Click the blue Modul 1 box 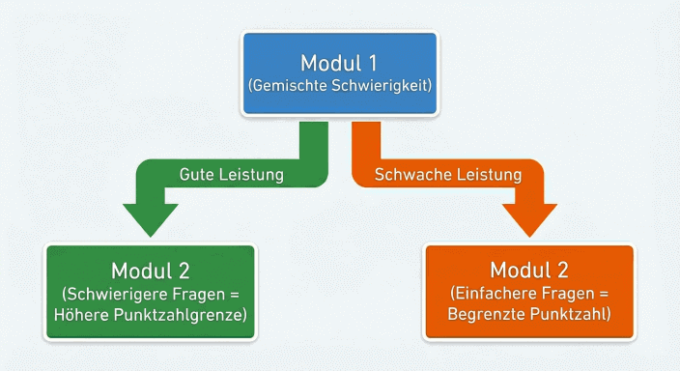pyautogui.click(x=339, y=74)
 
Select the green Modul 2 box pyautogui.click(x=152, y=291)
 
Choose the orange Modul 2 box pyautogui.click(x=529, y=291)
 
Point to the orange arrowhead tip pyautogui.click(x=529, y=235)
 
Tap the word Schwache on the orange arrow pyautogui.click(x=408, y=175)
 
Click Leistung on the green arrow pyautogui.click(x=250, y=175)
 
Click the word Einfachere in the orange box pyautogui.click(x=494, y=293)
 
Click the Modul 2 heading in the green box pyautogui.click(x=152, y=269)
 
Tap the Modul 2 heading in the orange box pyautogui.click(x=529, y=269)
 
